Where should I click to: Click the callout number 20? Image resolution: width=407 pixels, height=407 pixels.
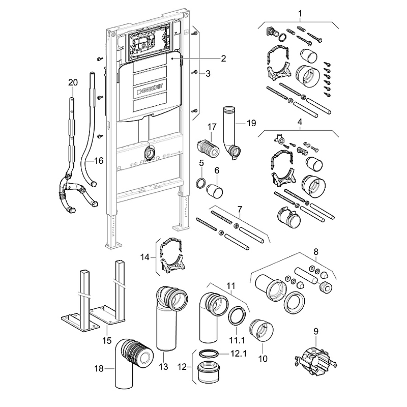tap(73, 82)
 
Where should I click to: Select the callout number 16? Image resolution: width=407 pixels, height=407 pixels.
tap(99, 161)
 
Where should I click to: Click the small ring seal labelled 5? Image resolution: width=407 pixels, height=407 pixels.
tap(201, 183)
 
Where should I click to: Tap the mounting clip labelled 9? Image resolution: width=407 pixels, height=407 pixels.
tap(315, 358)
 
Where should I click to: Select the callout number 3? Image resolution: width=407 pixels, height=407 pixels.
tap(207, 74)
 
